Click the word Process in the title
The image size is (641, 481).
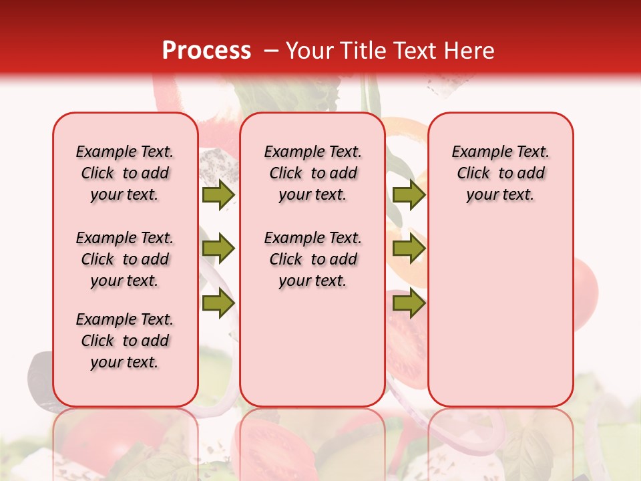[206, 51]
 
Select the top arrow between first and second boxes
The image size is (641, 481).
[218, 195]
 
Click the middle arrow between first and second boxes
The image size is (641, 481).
[218, 249]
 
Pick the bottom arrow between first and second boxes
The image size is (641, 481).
[218, 303]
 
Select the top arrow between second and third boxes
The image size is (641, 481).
[409, 195]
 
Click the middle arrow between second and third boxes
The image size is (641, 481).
[409, 249]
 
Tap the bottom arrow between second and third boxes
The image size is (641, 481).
[409, 303]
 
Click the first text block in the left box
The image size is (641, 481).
[125, 173]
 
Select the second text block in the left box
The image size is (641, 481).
[125, 259]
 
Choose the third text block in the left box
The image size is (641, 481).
[125, 341]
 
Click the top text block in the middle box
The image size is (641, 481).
[312, 173]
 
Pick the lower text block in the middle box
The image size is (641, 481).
[312, 259]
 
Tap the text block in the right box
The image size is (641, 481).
[500, 173]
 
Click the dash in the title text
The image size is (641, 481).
[271, 51]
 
